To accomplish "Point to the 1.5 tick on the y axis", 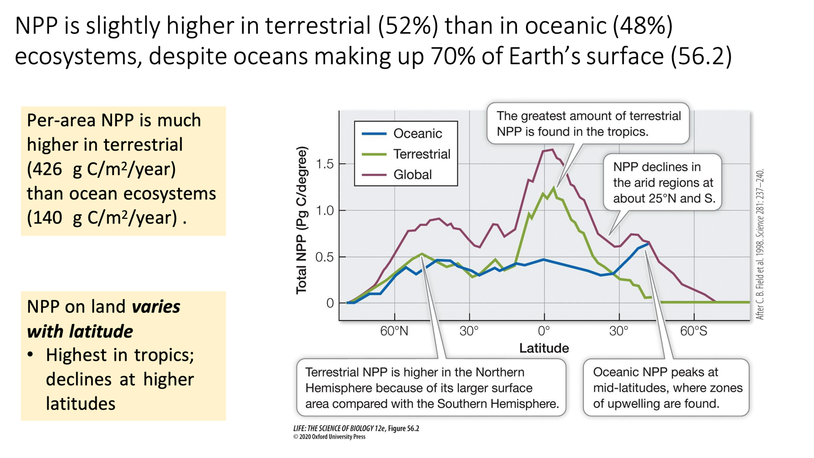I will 325,164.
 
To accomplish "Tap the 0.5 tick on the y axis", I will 325,257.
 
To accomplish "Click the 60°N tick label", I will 394,331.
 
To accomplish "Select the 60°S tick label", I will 693,331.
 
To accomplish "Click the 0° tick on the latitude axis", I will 544,331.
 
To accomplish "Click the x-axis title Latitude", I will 544,348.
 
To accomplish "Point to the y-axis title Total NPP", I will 302,220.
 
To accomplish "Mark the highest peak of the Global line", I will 551,150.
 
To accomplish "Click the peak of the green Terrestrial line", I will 554,188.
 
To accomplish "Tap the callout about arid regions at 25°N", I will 663,182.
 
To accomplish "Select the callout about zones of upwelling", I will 666,388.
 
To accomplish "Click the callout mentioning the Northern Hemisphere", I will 431,388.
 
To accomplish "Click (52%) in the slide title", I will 408,25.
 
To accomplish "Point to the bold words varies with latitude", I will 104,319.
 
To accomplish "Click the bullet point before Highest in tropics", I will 31,355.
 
